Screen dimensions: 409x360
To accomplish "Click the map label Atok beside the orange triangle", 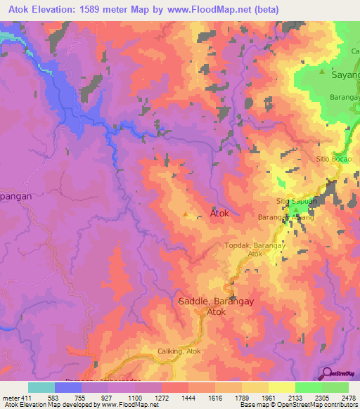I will [219, 214].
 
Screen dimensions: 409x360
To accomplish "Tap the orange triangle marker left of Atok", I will [186, 214].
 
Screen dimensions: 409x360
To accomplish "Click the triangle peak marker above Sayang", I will [322, 72].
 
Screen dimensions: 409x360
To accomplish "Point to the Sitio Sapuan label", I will [295, 201].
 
